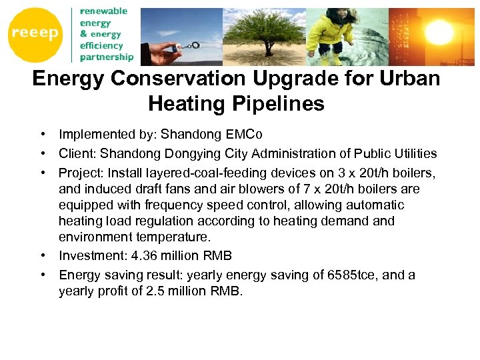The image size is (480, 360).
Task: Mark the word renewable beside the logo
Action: click(103, 11)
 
